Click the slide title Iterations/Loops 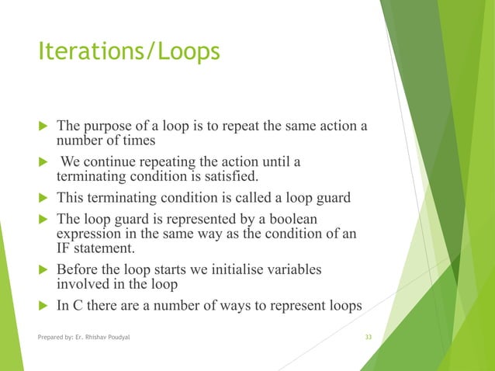[x=129, y=52]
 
